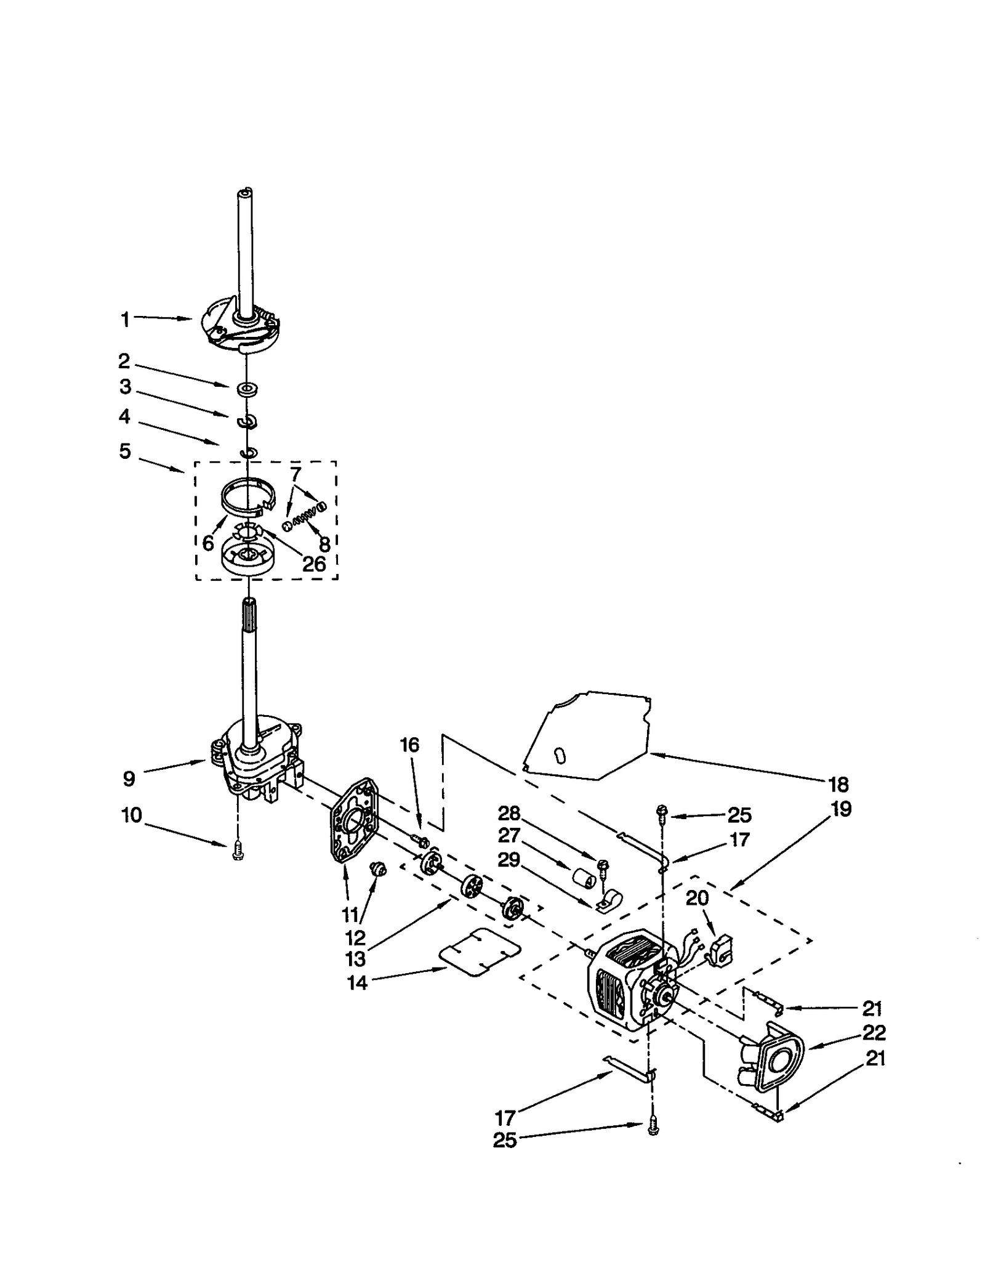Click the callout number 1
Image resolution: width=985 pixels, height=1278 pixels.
point(125,319)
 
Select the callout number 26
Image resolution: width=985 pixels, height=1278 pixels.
point(314,564)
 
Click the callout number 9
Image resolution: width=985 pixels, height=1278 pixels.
point(129,779)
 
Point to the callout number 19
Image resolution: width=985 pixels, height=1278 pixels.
point(841,808)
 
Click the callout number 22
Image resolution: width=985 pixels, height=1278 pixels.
point(874,1032)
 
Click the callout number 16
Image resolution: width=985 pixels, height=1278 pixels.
point(409,745)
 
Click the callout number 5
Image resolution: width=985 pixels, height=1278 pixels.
point(125,451)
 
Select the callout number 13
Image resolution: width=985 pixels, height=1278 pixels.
point(356,958)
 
